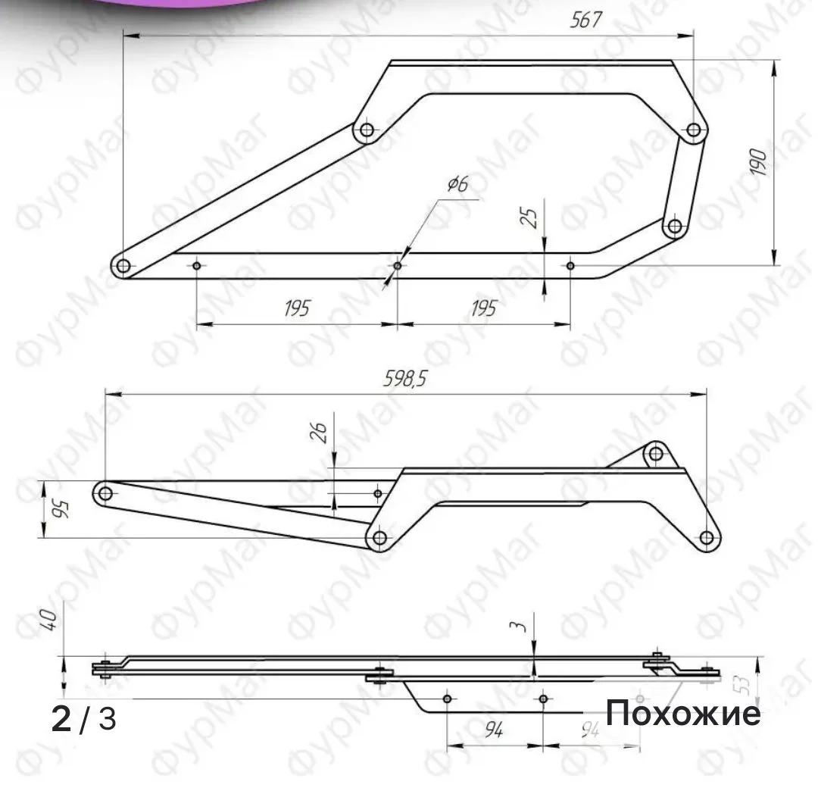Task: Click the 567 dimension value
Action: point(585,20)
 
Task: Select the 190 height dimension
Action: point(758,161)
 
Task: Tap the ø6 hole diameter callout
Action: point(458,183)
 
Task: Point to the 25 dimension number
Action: point(529,217)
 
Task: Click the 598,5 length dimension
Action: point(404,379)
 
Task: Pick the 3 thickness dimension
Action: point(520,626)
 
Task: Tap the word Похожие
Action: point(683,713)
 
